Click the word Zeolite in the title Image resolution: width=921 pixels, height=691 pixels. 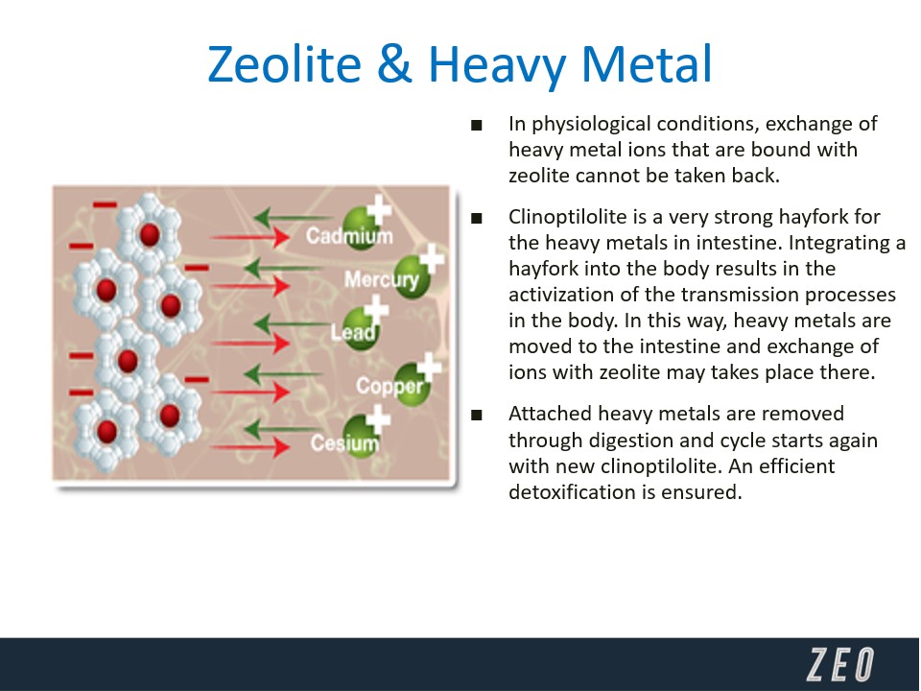(284, 64)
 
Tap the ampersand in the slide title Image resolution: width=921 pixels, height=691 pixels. (394, 64)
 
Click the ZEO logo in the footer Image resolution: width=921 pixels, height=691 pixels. (840, 664)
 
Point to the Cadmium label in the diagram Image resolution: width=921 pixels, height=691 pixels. (349, 236)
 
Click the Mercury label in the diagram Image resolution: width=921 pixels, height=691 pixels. (382, 279)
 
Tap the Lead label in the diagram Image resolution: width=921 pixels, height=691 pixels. (352, 333)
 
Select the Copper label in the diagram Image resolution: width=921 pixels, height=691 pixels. (390, 386)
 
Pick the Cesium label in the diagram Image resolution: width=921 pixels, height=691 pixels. (344, 442)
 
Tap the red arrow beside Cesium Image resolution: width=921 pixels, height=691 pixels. (250, 448)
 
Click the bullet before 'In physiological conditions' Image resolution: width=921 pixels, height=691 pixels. (477, 125)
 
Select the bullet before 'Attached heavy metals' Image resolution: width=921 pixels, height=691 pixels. (477, 416)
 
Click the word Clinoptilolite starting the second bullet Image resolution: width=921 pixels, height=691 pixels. (568, 217)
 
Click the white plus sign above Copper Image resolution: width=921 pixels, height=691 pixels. (430, 367)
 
